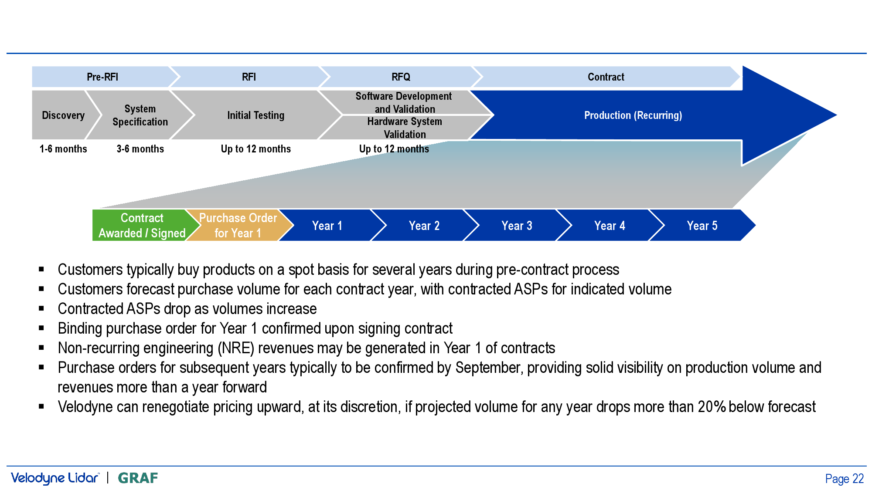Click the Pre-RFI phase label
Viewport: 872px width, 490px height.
click(x=102, y=77)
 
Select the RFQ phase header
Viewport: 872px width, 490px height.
click(x=401, y=77)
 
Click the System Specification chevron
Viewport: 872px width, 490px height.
click(x=140, y=115)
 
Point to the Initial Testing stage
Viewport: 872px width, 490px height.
click(x=255, y=115)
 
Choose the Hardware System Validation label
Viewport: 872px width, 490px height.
click(x=405, y=128)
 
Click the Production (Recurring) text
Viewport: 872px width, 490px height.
click(x=633, y=115)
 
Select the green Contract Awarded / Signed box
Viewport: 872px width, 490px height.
click(x=142, y=225)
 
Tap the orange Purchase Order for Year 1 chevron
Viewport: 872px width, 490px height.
click(x=238, y=225)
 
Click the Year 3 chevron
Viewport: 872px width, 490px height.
click(x=517, y=225)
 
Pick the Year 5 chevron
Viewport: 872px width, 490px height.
click(x=702, y=225)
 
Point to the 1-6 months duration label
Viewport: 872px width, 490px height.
click(x=63, y=149)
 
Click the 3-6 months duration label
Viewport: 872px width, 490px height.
click(x=140, y=149)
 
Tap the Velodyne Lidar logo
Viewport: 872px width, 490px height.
click(x=55, y=478)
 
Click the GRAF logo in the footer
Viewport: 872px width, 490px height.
click(x=138, y=478)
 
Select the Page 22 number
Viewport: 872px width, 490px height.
click(x=844, y=479)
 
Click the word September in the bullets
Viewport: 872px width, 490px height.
click(x=488, y=368)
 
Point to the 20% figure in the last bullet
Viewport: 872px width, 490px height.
click(x=712, y=407)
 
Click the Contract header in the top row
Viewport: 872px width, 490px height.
click(x=606, y=77)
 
